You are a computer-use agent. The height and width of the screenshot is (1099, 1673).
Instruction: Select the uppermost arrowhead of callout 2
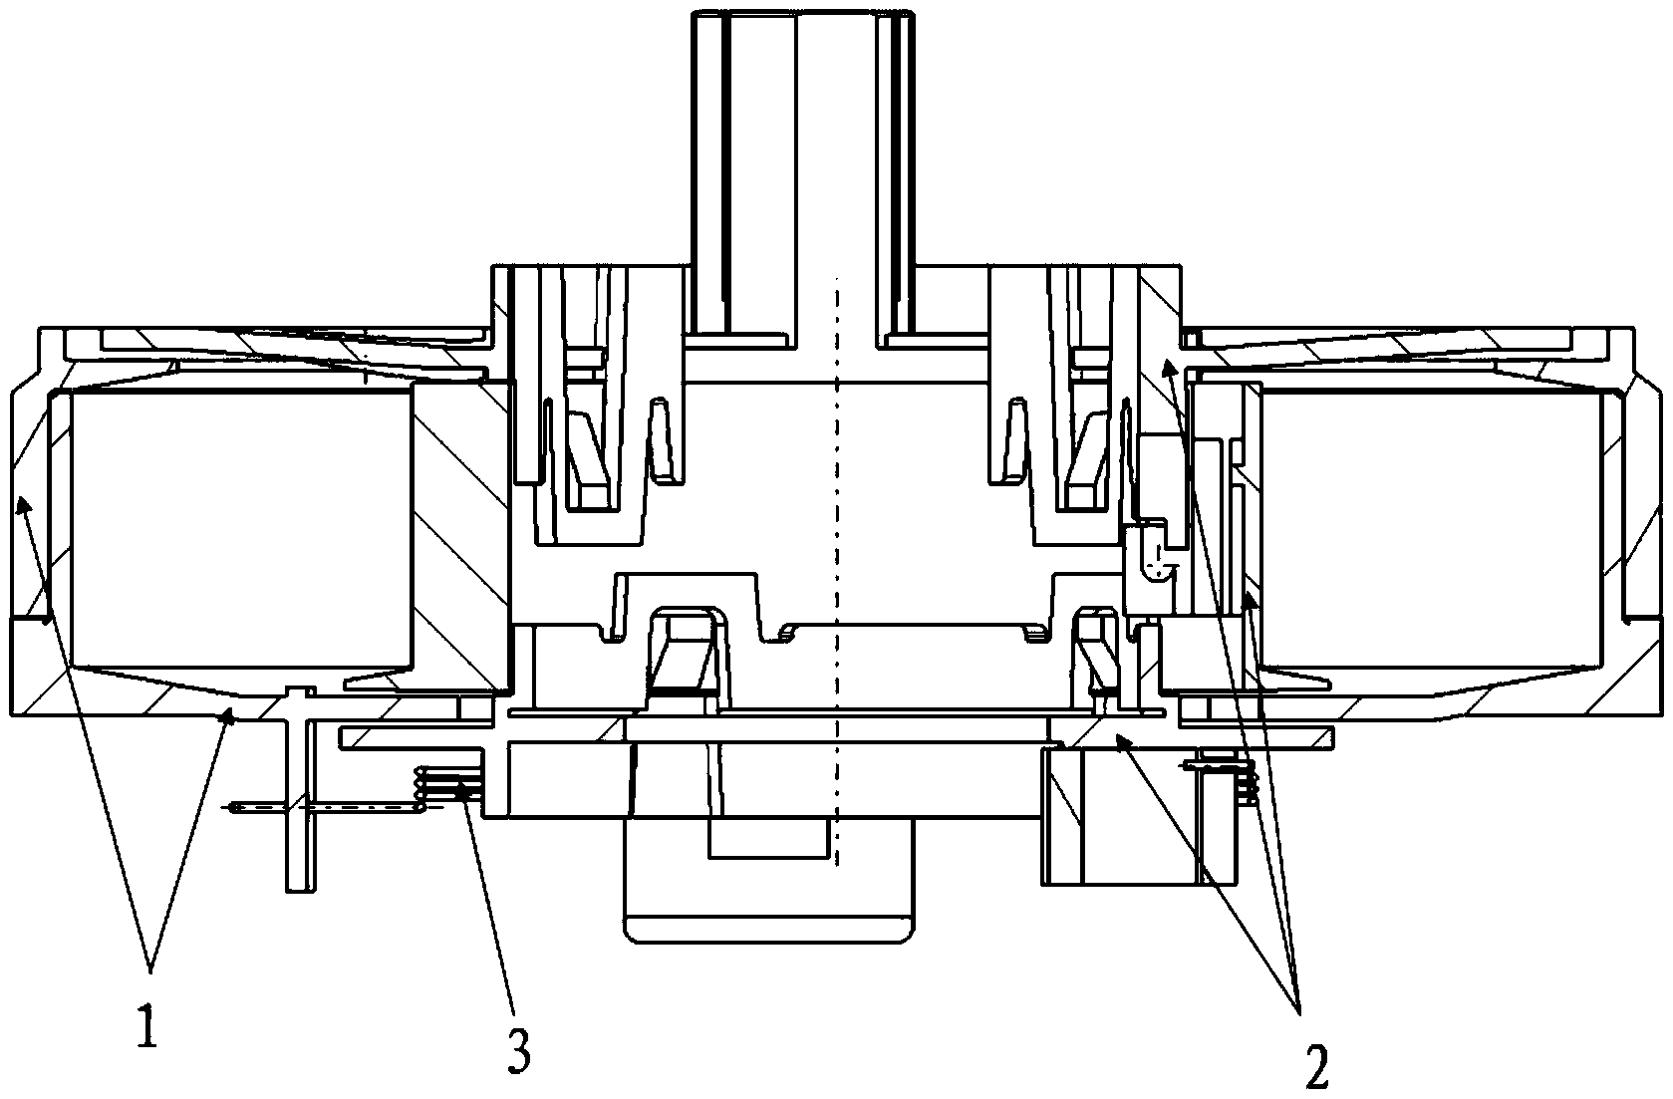1168,367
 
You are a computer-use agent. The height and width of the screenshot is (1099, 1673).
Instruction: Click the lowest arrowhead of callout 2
1121,740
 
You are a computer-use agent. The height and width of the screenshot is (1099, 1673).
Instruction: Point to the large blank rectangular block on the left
241,528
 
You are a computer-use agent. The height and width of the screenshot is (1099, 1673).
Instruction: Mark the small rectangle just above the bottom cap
769,837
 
